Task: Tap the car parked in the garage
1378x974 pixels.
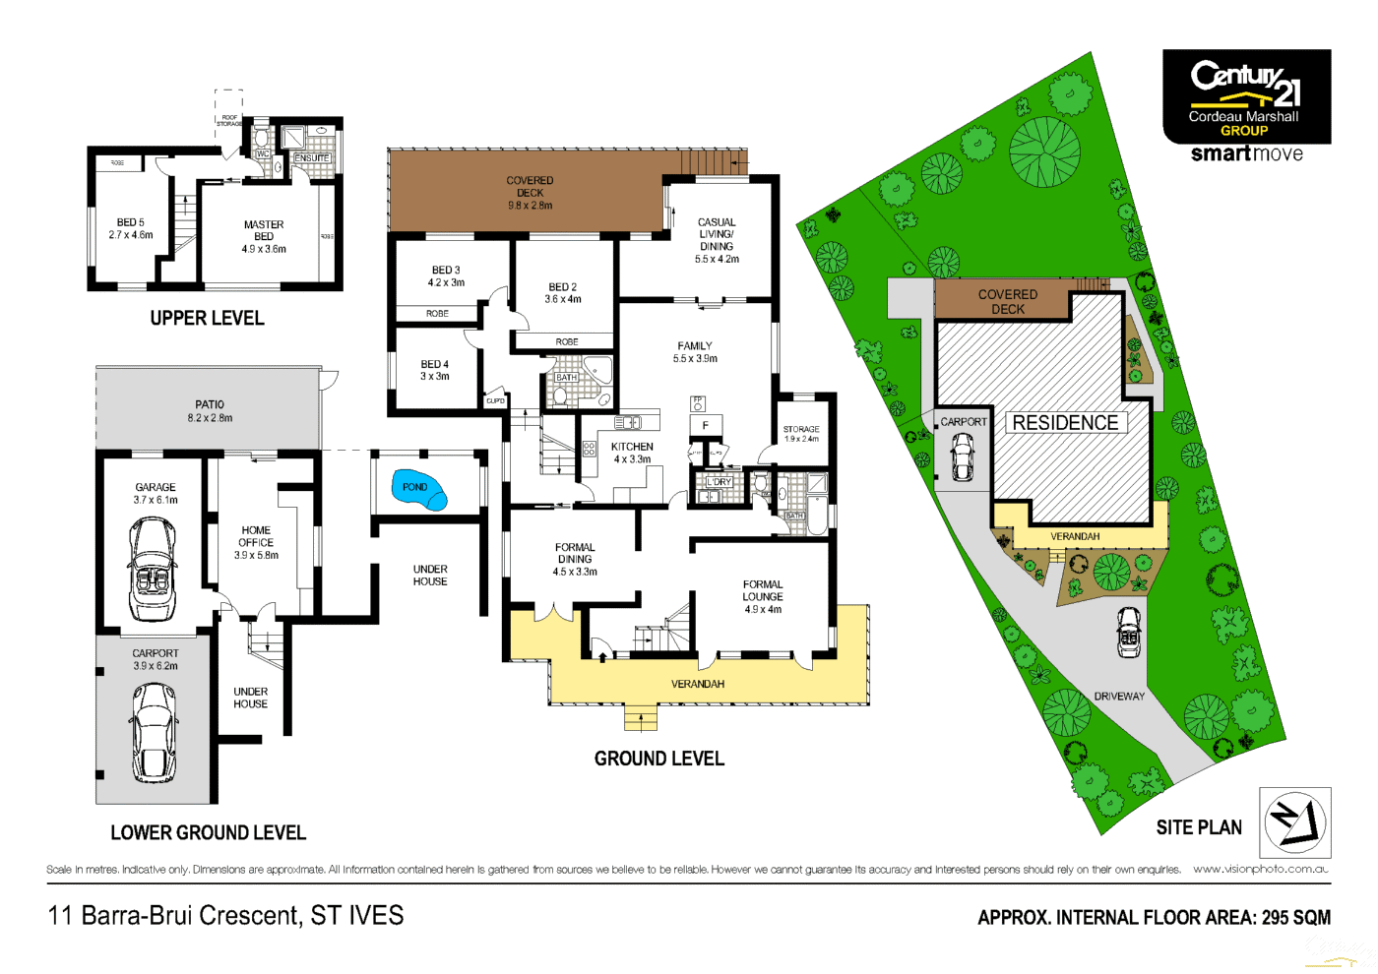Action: click(x=153, y=569)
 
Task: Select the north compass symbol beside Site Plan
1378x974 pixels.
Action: click(x=1294, y=822)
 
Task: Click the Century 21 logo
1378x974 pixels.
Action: click(x=1246, y=96)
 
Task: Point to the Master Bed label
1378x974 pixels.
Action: click(x=264, y=236)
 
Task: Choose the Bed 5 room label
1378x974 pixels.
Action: click(x=131, y=228)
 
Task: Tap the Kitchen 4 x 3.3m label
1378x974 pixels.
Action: click(x=632, y=453)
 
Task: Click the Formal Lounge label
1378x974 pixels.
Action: click(x=763, y=596)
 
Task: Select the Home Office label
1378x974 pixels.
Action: click(x=256, y=542)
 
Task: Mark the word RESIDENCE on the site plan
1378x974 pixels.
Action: click(x=1065, y=423)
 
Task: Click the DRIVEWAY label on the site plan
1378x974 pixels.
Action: click(x=1119, y=697)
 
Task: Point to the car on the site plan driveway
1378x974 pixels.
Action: click(x=1130, y=632)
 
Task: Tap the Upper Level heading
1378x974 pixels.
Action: click(x=207, y=318)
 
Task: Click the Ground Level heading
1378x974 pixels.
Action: click(x=658, y=759)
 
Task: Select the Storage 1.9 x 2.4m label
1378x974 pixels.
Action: click(x=801, y=434)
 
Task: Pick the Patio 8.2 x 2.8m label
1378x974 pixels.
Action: click(x=210, y=411)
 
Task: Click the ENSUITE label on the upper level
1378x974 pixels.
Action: click(x=312, y=158)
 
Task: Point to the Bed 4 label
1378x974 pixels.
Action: click(x=434, y=370)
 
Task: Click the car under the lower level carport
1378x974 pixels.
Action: click(x=154, y=731)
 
